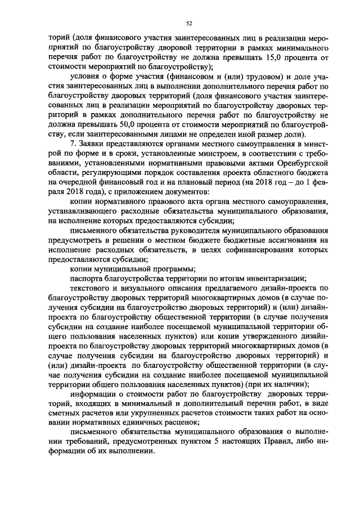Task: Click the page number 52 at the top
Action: coord(189,22)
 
